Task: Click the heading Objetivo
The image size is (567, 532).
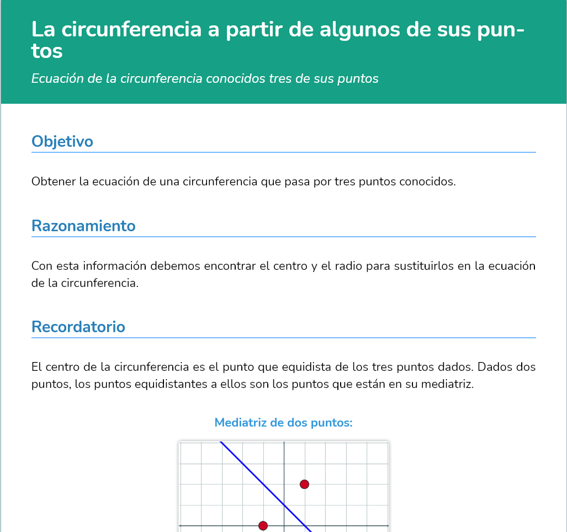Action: (x=62, y=142)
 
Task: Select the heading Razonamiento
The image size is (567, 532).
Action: (x=83, y=226)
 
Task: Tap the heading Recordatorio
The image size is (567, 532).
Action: (x=78, y=327)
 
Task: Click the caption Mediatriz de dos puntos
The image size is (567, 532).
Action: (x=283, y=423)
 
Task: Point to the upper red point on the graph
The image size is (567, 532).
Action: (x=304, y=485)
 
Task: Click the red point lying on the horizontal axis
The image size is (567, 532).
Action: (x=263, y=525)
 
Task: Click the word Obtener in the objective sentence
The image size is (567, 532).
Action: (x=54, y=182)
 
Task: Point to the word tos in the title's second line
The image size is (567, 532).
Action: (x=47, y=51)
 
